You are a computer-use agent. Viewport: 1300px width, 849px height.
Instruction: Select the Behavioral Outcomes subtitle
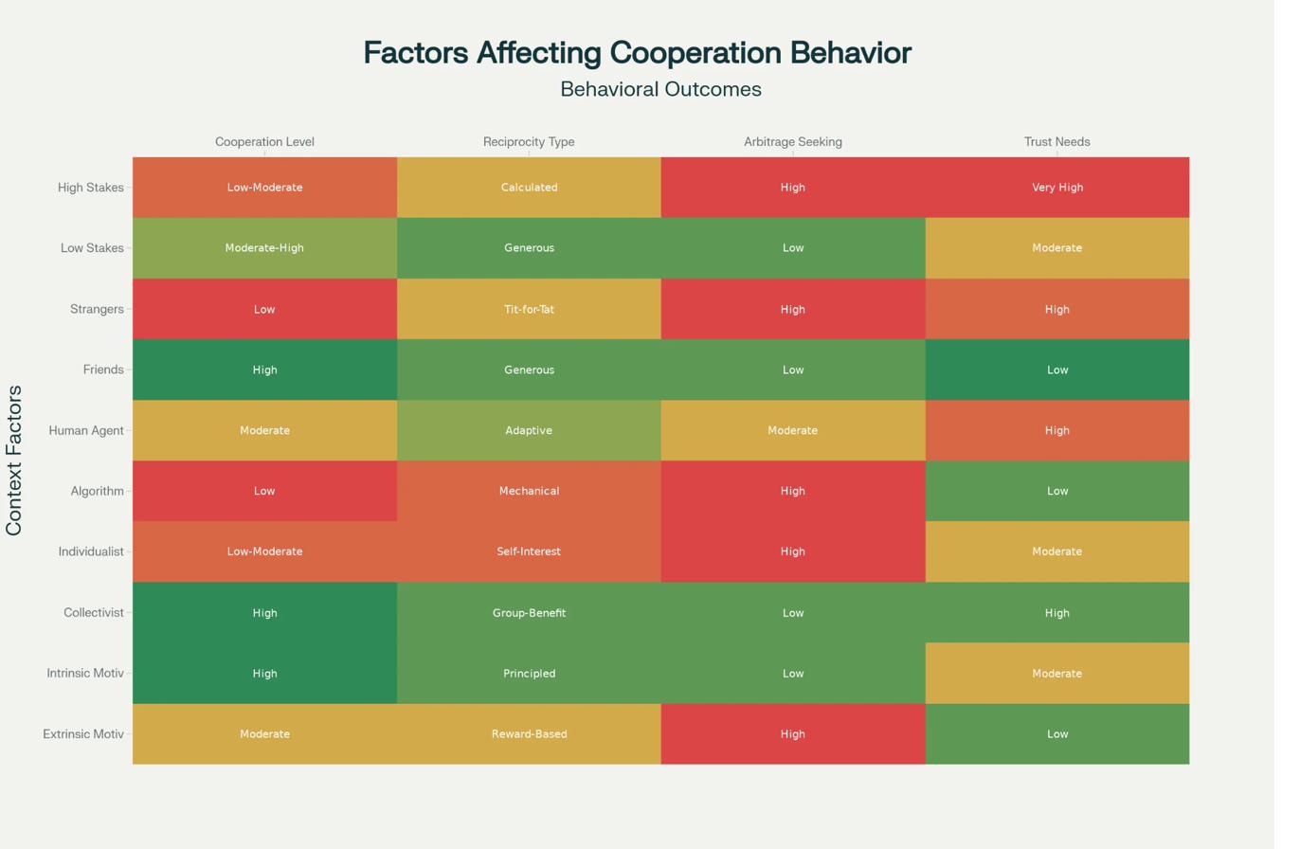(660, 90)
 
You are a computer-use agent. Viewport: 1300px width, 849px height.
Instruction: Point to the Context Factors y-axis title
(15, 461)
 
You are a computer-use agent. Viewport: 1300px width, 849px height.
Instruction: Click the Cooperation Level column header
(264, 142)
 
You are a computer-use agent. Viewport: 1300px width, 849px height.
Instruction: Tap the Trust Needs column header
(1056, 142)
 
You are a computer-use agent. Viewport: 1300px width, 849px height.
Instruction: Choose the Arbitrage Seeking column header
(792, 142)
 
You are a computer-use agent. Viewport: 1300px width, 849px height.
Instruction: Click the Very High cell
(1056, 188)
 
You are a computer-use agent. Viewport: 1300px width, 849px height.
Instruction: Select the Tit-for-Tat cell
(529, 309)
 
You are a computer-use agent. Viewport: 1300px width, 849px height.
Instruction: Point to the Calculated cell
(529, 188)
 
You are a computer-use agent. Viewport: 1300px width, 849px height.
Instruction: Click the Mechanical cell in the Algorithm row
(529, 491)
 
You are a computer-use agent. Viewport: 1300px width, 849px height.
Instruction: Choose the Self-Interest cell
(529, 551)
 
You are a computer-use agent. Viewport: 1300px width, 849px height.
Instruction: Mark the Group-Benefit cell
(529, 613)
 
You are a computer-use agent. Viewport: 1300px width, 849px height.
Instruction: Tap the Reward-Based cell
(529, 734)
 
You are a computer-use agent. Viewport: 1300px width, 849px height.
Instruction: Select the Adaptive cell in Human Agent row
(529, 430)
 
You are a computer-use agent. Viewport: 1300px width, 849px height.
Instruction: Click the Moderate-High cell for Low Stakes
(264, 248)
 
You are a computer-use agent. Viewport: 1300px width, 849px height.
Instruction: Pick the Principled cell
(529, 674)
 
